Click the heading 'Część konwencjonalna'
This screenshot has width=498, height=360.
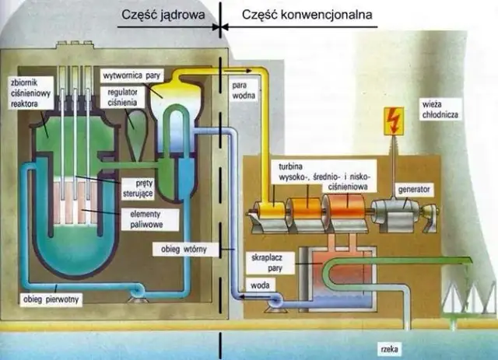(x=306, y=14)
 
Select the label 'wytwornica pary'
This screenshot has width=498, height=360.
(x=137, y=75)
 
